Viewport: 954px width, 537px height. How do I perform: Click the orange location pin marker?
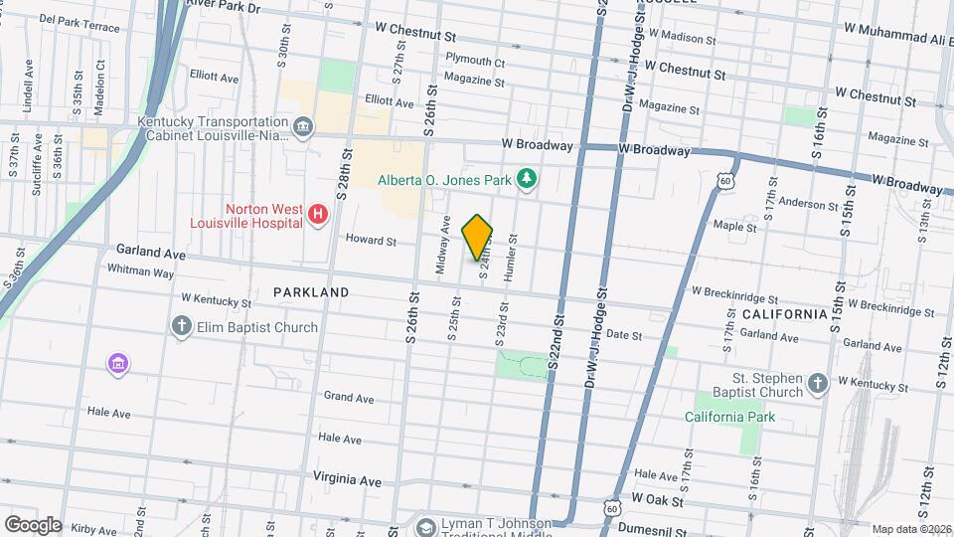pyautogui.click(x=478, y=237)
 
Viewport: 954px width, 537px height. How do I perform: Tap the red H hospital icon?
pyautogui.click(x=318, y=214)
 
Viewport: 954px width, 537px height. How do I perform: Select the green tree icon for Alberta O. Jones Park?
pyautogui.click(x=528, y=179)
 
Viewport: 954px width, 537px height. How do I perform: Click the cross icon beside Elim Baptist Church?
pyautogui.click(x=182, y=327)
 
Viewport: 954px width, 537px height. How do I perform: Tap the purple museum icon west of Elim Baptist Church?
pyautogui.click(x=118, y=365)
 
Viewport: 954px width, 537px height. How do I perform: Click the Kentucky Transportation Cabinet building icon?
pyautogui.click(x=302, y=126)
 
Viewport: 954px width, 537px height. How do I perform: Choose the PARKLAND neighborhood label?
pyautogui.click(x=311, y=292)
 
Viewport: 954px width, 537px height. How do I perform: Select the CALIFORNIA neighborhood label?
pyautogui.click(x=784, y=314)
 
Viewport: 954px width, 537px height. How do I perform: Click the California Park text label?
pyautogui.click(x=729, y=417)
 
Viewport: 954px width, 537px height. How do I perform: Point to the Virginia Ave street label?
pyautogui.click(x=348, y=480)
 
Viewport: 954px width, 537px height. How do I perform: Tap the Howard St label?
pyautogui.click(x=371, y=241)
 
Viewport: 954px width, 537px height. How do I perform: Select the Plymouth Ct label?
pyautogui.click(x=475, y=61)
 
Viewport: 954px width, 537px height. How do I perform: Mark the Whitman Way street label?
pyautogui.click(x=140, y=271)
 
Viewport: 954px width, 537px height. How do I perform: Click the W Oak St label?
pyautogui.click(x=657, y=494)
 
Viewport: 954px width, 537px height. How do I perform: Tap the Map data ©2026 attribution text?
pyautogui.click(x=910, y=529)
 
